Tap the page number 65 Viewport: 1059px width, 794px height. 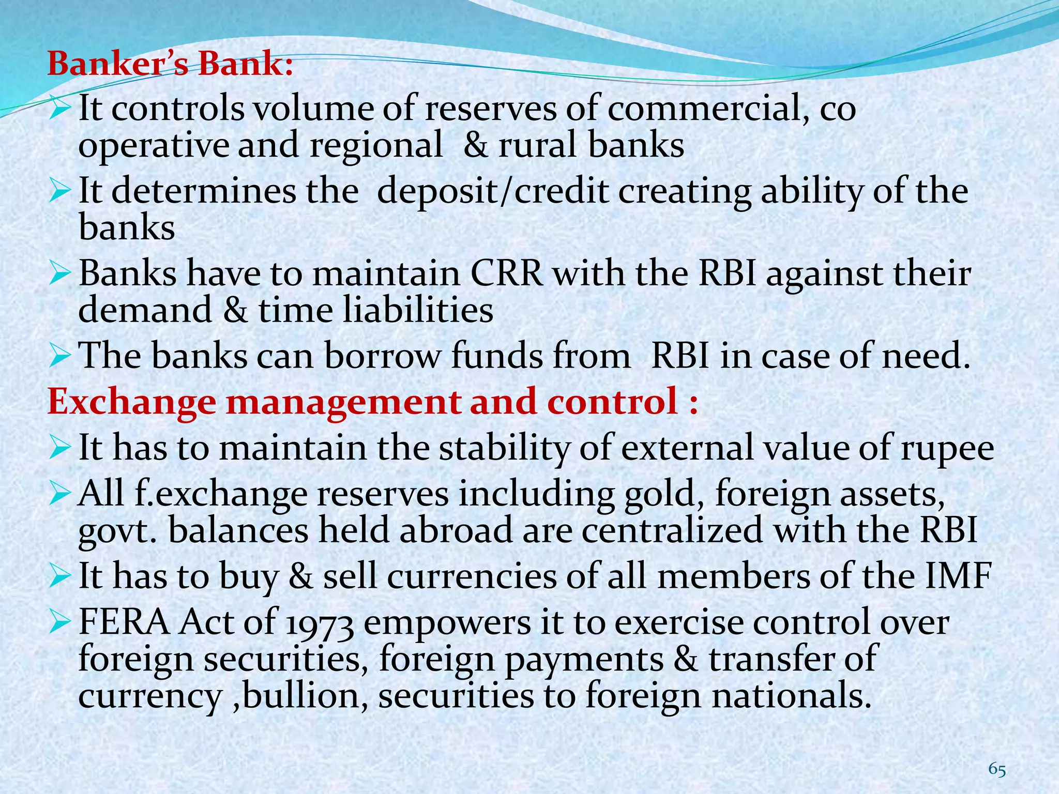pos(997,770)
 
